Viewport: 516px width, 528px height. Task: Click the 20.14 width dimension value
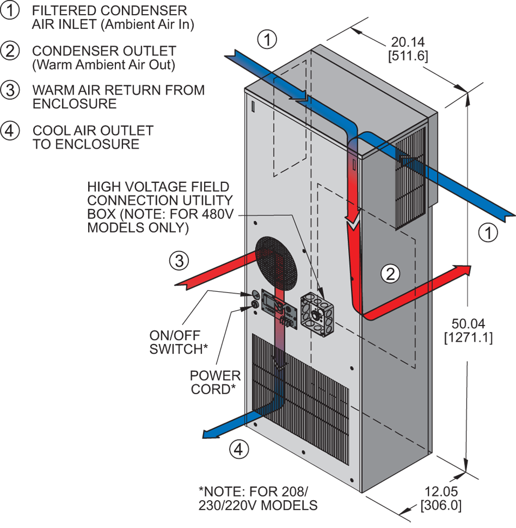pos(408,42)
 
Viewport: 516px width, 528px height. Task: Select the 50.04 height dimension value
pos(468,323)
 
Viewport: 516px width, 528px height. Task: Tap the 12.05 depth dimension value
pos(441,492)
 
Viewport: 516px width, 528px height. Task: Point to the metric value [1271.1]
pos(468,338)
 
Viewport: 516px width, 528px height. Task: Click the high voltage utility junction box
pos(317,314)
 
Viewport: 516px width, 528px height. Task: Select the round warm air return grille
pos(276,263)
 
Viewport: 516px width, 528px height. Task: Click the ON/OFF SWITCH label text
pos(178,342)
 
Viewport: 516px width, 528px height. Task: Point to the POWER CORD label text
pos(215,382)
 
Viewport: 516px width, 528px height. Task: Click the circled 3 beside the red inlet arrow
pos(179,261)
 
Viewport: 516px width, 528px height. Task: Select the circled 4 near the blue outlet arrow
pos(239,449)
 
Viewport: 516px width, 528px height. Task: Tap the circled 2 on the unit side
pos(391,274)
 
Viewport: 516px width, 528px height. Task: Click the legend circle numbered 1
pos(10,11)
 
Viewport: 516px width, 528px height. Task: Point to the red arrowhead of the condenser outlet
pos(462,270)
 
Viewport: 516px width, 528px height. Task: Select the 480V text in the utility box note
pos(219,214)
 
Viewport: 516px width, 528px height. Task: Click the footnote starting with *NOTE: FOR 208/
pos(257,498)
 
